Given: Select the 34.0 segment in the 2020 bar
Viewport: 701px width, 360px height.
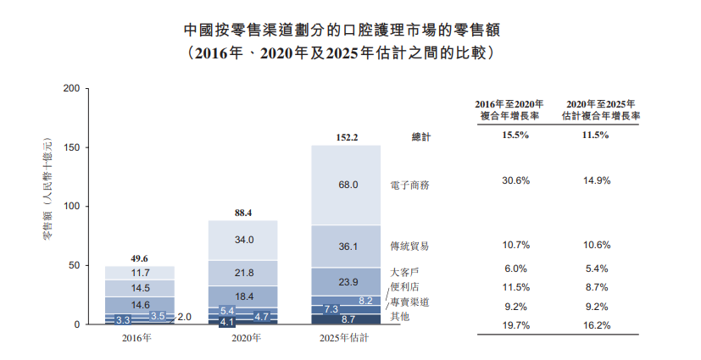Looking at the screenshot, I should (244, 240).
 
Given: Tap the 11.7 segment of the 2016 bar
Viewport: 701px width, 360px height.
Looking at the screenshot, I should (140, 273).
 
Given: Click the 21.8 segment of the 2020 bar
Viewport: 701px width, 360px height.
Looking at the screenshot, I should (244, 273).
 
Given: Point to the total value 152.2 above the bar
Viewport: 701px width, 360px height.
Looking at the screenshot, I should (348, 137).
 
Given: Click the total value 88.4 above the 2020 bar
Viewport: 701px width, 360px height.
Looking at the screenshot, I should (244, 213).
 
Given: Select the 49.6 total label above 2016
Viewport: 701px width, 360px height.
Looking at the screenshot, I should (140, 258).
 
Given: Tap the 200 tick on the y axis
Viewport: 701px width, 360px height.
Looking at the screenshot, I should (71, 88).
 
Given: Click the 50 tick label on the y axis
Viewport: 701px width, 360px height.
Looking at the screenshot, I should (75, 266).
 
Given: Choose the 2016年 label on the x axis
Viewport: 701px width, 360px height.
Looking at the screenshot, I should (137, 339).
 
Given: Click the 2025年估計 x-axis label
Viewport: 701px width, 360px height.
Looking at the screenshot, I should (347, 339).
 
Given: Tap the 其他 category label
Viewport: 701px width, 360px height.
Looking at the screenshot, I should (399, 316).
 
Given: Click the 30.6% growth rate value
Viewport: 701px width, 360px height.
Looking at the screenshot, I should (516, 180).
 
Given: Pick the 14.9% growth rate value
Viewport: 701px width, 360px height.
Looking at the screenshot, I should (596, 180).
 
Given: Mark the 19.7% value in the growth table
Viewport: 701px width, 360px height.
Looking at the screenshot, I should (516, 324).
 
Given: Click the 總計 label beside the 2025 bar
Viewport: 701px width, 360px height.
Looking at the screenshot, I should (420, 137).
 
